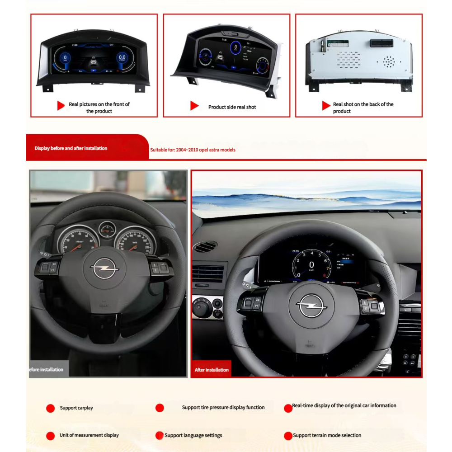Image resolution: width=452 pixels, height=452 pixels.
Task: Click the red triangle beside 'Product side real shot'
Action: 194,106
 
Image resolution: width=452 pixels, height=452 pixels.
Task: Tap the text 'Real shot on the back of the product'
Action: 363,108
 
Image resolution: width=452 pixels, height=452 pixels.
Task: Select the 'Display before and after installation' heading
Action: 71,148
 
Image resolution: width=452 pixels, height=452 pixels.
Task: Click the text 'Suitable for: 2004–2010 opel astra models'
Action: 193,150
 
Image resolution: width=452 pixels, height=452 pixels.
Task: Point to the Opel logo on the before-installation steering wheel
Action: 104,269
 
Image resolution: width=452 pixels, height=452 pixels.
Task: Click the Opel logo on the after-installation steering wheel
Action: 311,306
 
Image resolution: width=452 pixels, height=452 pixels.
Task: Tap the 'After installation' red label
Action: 212,370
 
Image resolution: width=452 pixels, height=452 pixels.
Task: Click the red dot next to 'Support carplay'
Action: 51,408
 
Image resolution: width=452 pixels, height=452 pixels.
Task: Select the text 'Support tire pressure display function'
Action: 223,407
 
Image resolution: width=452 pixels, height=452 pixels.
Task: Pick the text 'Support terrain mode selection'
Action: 327,435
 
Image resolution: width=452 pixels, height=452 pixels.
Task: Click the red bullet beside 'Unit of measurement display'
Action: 51,436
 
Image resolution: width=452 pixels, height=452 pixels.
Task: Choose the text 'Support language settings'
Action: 193,435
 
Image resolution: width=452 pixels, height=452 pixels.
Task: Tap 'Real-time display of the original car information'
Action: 344,406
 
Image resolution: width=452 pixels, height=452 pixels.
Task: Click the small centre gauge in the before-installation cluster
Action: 107,229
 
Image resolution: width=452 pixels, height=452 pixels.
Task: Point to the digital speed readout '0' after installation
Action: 311,265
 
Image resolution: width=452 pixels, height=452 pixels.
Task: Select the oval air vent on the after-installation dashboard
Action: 205,247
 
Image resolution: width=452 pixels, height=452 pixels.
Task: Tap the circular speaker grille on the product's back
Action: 389,61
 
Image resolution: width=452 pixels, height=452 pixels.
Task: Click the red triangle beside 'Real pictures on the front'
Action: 61,106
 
